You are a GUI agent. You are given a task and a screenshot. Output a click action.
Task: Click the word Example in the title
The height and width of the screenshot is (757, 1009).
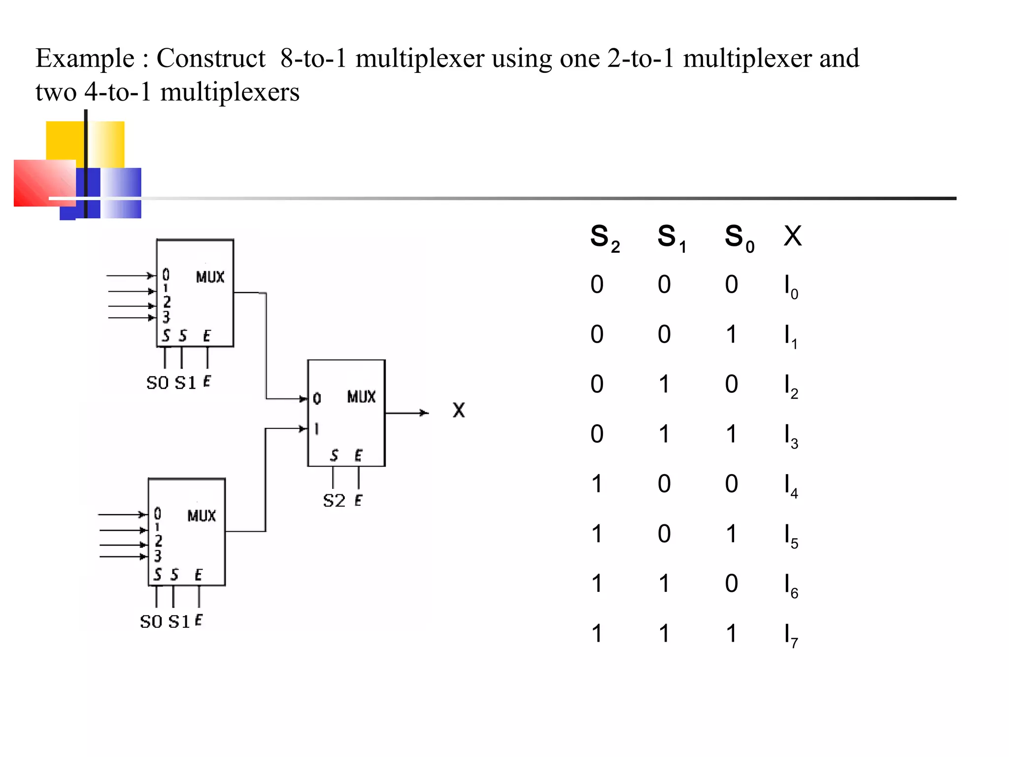(x=85, y=59)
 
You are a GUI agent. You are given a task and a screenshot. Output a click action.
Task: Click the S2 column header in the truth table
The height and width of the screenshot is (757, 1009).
(x=605, y=238)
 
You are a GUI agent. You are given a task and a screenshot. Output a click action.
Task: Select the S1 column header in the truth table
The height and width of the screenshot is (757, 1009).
(x=672, y=238)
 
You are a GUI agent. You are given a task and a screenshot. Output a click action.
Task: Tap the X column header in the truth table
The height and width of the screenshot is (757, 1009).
(x=792, y=236)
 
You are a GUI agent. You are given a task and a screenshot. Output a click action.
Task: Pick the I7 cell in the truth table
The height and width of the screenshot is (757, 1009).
(x=790, y=635)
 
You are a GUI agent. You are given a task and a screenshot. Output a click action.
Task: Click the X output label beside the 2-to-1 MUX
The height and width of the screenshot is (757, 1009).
(x=458, y=410)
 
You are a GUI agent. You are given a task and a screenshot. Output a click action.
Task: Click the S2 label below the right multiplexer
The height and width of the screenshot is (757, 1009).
(x=334, y=501)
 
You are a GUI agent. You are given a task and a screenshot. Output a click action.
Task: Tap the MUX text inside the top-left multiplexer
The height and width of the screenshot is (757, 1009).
(x=210, y=277)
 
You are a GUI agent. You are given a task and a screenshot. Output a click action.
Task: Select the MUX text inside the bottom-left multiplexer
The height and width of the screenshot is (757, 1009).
(x=202, y=516)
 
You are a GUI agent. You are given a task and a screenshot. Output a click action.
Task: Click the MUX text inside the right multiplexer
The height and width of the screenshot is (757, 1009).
(x=361, y=397)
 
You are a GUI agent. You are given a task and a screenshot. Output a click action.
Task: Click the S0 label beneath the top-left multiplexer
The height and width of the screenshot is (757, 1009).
(x=157, y=382)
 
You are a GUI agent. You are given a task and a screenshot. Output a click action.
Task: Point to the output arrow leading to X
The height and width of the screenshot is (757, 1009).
(x=406, y=413)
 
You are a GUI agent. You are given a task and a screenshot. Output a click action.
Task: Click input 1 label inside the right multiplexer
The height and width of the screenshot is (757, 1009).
(x=316, y=429)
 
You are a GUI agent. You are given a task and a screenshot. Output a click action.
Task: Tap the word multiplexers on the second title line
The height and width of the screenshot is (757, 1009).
(x=230, y=93)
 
